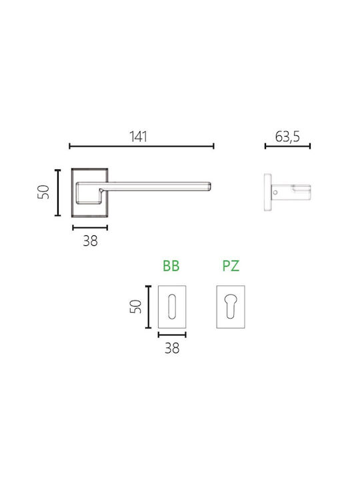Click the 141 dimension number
[139, 137]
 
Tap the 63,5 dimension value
[287, 137]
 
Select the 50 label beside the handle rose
[43, 192]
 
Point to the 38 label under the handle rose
[90, 241]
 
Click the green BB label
[171, 266]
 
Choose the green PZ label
[231, 266]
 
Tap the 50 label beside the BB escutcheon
[135, 307]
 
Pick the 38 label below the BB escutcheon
[172, 348]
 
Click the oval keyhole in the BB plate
[172, 307]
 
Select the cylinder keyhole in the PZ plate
[231, 306]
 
